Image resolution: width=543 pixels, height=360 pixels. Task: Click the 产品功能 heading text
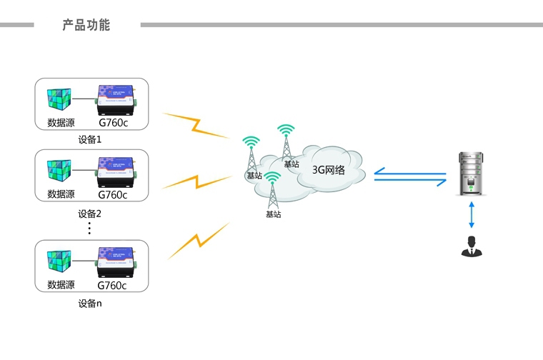[86, 25]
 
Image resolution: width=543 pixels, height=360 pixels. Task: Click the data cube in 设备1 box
[61, 100]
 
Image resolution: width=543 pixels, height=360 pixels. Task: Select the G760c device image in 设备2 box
[116, 171]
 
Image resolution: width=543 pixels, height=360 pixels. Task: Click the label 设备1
[90, 139]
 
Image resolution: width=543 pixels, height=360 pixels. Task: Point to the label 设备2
[90, 213]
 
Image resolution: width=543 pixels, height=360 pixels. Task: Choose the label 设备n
[90, 304]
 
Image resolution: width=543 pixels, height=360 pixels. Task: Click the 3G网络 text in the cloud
[329, 170]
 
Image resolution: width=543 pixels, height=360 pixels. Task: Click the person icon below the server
[471, 246]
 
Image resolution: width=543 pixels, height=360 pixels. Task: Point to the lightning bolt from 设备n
[199, 241]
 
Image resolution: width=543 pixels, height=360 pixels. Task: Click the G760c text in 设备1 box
[112, 122]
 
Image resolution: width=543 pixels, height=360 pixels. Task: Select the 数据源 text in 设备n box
[61, 284]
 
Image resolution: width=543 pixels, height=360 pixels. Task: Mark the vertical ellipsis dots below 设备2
[90, 228]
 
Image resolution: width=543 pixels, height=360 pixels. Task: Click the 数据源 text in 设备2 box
[61, 194]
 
